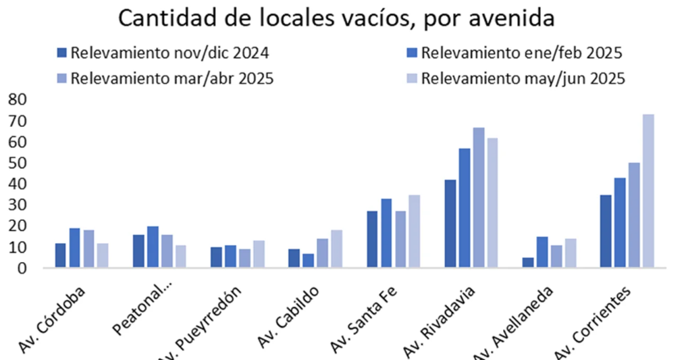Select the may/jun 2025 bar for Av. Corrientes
click(648, 191)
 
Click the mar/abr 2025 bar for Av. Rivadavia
click(479, 198)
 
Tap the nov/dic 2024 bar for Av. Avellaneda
click(527, 263)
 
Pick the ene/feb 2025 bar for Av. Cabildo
click(309, 261)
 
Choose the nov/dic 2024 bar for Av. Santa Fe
click(372, 240)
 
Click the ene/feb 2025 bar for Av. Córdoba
click(75, 249)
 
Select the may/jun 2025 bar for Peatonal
click(180, 257)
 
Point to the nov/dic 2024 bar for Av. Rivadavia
click(450, 224)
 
